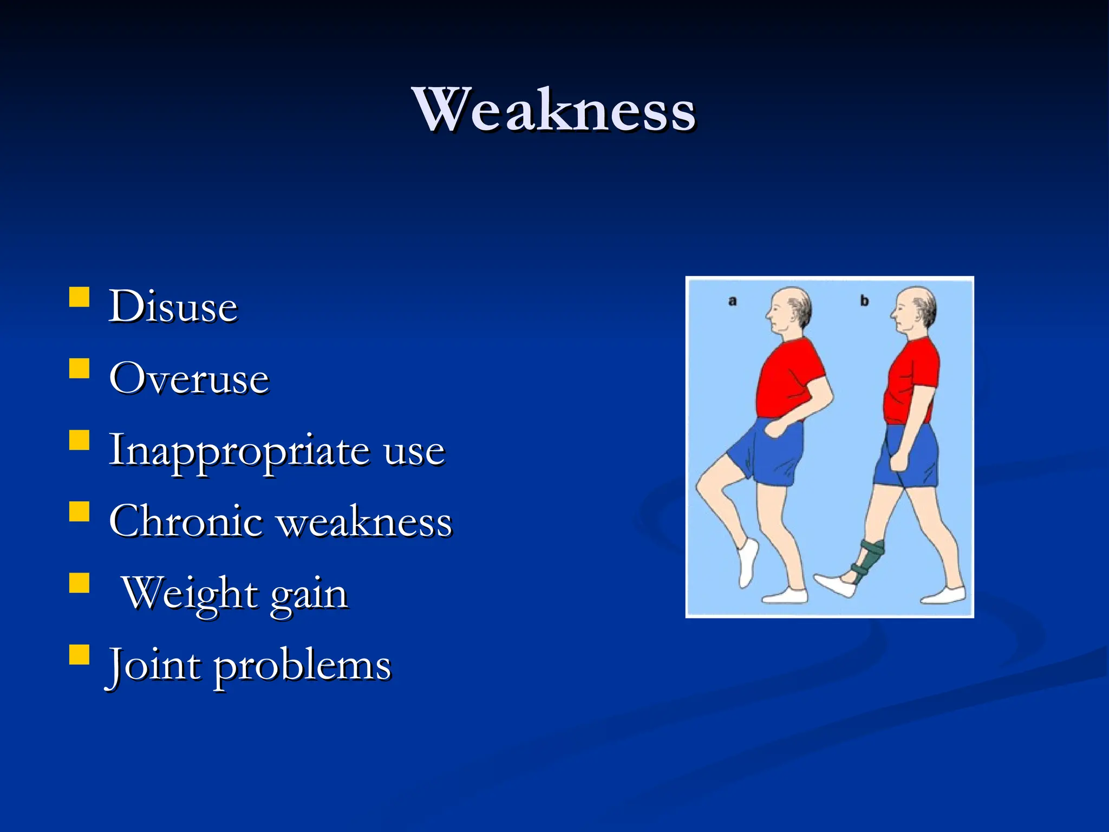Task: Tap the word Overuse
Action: point(189,379)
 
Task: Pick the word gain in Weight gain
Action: point(308,594)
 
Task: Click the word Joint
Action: point(153,665)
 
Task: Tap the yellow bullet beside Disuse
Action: point(80,297)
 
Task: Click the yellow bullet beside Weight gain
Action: point(80,584)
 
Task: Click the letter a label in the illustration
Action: point(733,301)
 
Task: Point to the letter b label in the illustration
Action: point(864,301)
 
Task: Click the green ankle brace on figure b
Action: point(867,561)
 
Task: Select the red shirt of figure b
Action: point(910,382)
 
